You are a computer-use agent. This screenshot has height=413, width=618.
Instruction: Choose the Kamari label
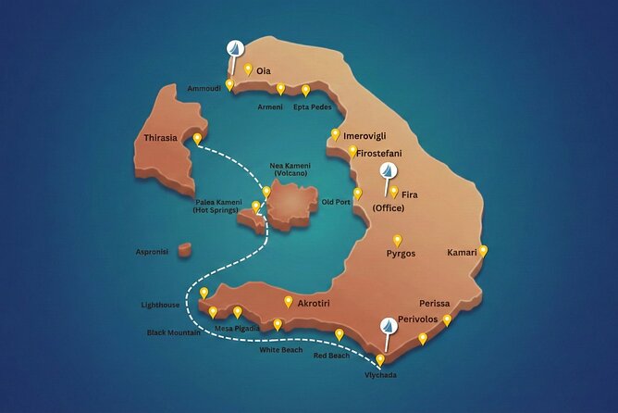click(462, 253)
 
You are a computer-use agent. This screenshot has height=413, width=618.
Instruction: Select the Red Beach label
click(332, 356)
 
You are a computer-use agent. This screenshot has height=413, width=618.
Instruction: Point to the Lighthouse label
click(161, 305)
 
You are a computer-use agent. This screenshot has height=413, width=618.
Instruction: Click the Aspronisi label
click(151, 251)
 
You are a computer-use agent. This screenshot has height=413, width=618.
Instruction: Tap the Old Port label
click(336, 201)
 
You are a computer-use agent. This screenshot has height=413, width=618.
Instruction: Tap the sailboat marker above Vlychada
click(389, 326)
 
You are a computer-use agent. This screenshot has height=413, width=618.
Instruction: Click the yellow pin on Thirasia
click(197, 139)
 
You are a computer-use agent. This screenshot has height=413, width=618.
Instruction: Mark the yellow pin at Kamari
click(483, 251)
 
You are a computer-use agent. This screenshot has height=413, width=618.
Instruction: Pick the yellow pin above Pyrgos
click(398, 240)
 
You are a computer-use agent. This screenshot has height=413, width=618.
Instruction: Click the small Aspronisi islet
click(185, 249)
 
